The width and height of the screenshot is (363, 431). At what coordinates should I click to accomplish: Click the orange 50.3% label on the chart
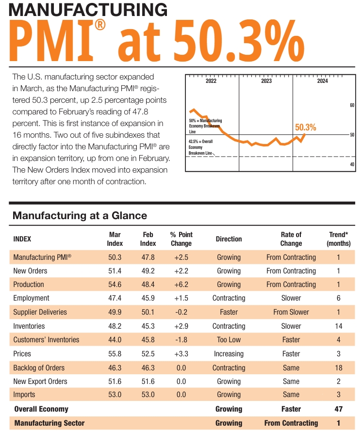(305, 128)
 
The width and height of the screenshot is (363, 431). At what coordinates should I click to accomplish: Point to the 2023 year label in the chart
(266, 81)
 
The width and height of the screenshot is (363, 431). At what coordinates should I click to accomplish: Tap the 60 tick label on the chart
(352, 105)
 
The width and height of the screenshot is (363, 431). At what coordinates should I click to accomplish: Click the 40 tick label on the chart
(352, 164)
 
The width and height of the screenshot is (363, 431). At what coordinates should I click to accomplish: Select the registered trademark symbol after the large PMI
(100, 25)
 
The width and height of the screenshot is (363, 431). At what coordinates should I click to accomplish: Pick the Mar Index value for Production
(115, 285)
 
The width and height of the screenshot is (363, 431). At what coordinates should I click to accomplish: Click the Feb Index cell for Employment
(148, 298)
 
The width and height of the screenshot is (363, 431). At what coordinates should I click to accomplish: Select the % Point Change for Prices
(181, 354)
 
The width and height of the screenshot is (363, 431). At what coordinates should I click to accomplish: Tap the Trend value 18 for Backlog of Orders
(339, 368)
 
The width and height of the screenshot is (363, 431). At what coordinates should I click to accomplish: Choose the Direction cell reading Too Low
(229, 340)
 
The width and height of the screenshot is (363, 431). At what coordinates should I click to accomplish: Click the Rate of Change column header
(291, 239)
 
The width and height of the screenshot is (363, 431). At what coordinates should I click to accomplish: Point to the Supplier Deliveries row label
(40, 312)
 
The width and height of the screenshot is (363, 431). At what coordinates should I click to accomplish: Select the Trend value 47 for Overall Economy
(339, 409)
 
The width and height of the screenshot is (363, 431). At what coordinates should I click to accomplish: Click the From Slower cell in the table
(291, 312)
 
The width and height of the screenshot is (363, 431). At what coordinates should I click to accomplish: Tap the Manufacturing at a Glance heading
(80, 215)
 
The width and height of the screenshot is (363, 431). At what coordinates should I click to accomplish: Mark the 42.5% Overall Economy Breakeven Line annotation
(200, 147)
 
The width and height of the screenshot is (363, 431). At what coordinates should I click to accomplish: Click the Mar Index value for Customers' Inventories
(115, 340)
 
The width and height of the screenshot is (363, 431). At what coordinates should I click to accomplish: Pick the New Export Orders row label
(40, 382)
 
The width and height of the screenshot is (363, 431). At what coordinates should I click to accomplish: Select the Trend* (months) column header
(339, 239)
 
